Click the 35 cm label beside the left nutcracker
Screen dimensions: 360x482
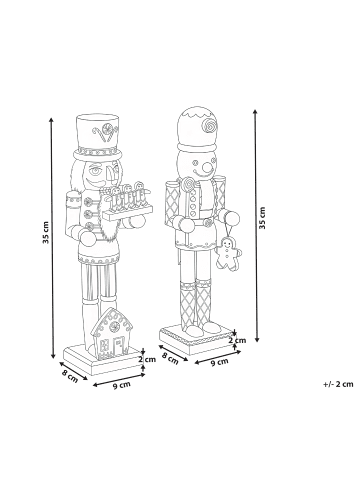[x=46, y=232]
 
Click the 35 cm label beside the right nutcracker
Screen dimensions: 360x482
[x=263, y=218]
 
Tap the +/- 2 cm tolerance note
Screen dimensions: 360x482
[x=338, y=384]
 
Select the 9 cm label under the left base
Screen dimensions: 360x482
[x=122, y=386]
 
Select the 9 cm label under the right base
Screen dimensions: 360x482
[x=220, y=361]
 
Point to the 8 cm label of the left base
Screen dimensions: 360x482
[x=70, y=376]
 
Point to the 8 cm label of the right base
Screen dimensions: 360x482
[x=170, y=359]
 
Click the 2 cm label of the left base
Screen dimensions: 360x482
[x=147, y=359]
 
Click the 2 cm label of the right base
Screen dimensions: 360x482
[x=237, y=340]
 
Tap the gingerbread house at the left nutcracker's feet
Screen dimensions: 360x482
[x=112, y=334]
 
